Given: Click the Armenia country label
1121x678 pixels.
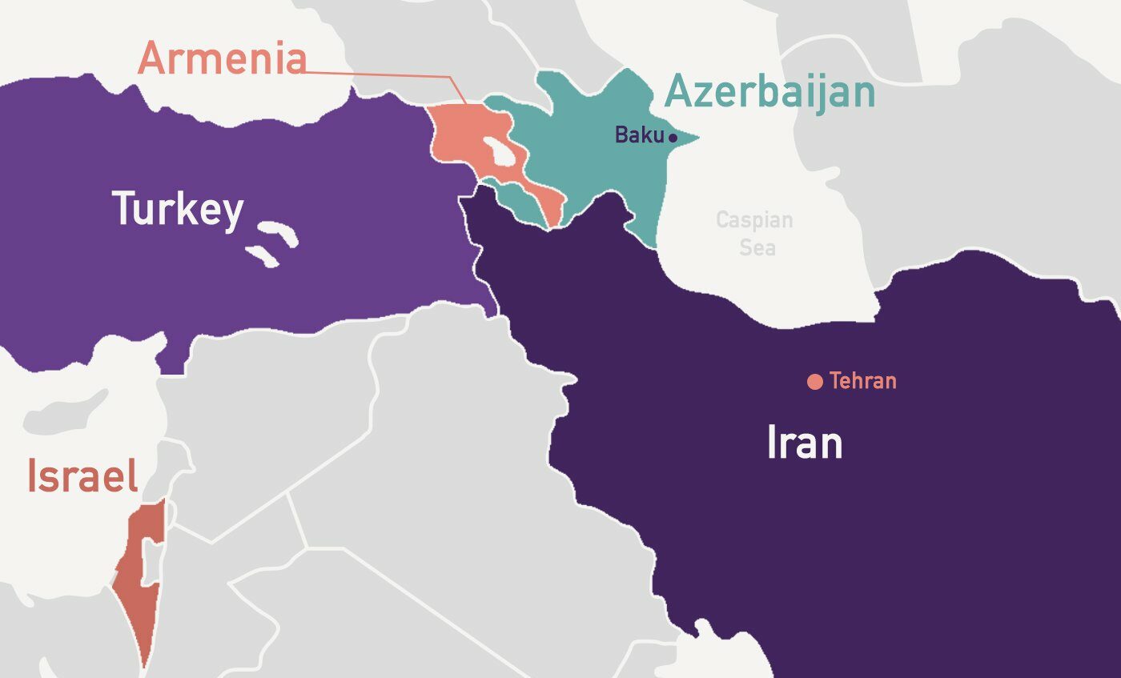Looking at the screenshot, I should pyautogui.click(x=222, y=59).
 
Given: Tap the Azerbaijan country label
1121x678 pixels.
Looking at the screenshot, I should pyautogui.click(x=769, y=93).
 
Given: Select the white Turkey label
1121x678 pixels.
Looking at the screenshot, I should pyautogui.click(x=177, y=209).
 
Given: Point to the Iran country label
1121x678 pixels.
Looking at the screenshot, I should pyautogui.click(x=804, y=443).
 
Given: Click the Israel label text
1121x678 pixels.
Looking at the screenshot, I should pyautogui.click(x=82, y=476).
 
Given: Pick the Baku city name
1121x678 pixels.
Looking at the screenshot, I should pyautogui.click(x=639, y=135).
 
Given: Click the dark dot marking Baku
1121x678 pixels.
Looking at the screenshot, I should pyautogui.click(x=673, y=138).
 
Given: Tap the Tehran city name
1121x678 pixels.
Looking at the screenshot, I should pyautogui.click(x=862, y=381).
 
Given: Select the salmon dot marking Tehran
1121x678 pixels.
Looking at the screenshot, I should pyautogui.click(x=815, y=382).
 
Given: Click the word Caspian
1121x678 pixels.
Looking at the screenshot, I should pyautogui.click(x=754, y=219).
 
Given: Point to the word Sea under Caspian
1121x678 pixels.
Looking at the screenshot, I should pyautogui.click(x=757, y=247).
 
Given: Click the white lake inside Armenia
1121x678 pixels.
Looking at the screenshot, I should pyautogui.click(x=503, y=152).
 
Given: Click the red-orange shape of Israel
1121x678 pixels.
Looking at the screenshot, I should pyautogui.click(x=136, y=592).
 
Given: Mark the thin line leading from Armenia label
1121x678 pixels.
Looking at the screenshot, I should pyautogui.click(x=384, y=74).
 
